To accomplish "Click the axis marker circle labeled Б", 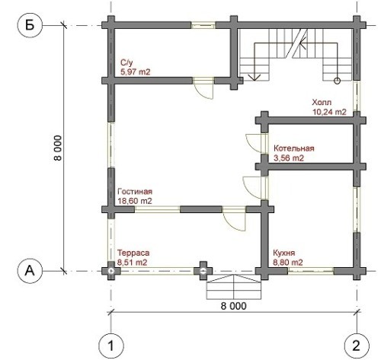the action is coord(30,25).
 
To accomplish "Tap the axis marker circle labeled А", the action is coord(30,271).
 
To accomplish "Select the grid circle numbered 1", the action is coord(111,346).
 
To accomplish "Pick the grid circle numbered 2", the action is coord(357,346).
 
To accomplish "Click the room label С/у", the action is coord(126,62).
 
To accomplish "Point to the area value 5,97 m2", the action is coord(136,72).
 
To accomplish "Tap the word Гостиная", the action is coord(135,191).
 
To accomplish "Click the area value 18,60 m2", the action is coord(135,201).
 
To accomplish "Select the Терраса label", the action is coord(133,253).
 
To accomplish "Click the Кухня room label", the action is coord(284,253).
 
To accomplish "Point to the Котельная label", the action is coord(294,148).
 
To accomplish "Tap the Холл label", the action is coord(322,103).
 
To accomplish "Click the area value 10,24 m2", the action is coord(329,112).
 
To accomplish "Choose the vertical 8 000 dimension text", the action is coord(58,148).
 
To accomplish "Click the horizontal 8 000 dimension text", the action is coord(233,306).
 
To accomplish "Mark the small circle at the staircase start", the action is coord(337,81).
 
